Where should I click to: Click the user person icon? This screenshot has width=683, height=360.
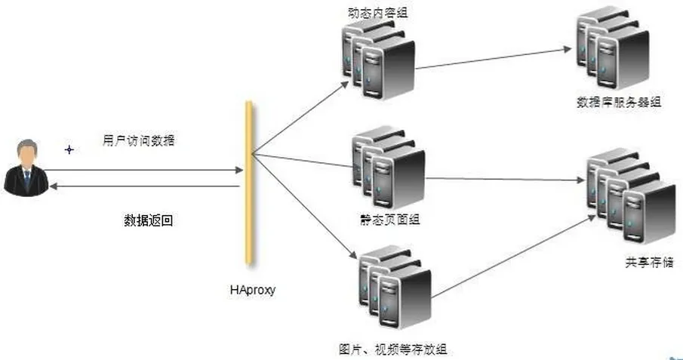click(26, 168)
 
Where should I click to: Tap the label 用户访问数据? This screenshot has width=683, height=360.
click(139, 140)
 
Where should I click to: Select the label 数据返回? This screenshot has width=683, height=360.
click(149, 220)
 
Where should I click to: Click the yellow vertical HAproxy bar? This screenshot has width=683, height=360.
click(249, 183)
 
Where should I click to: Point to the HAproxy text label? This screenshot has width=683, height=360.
click(253, 290)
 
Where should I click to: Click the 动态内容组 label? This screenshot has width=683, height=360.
click(378, 12)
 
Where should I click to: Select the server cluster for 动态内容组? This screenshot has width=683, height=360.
click(378, 60)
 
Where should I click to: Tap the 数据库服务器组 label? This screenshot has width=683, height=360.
click(619, 103)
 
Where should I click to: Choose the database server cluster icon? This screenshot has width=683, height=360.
click(613, 48)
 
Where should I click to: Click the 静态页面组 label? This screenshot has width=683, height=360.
click(390, 219)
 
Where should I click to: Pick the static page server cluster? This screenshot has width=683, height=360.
click(389, 168)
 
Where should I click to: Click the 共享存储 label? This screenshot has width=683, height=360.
click(650, 263)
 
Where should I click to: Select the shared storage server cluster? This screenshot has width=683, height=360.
click(632, 196)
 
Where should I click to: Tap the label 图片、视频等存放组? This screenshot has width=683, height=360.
click(393, 349)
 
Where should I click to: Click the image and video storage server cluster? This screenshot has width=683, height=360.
click(395, 288)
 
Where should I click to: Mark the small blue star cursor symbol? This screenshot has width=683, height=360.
click(69, 150)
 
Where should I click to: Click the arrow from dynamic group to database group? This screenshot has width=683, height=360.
click(494, 58)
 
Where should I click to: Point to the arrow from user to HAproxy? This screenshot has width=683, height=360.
click(143, 170)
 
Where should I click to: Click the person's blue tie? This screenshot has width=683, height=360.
click(27, 177)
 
